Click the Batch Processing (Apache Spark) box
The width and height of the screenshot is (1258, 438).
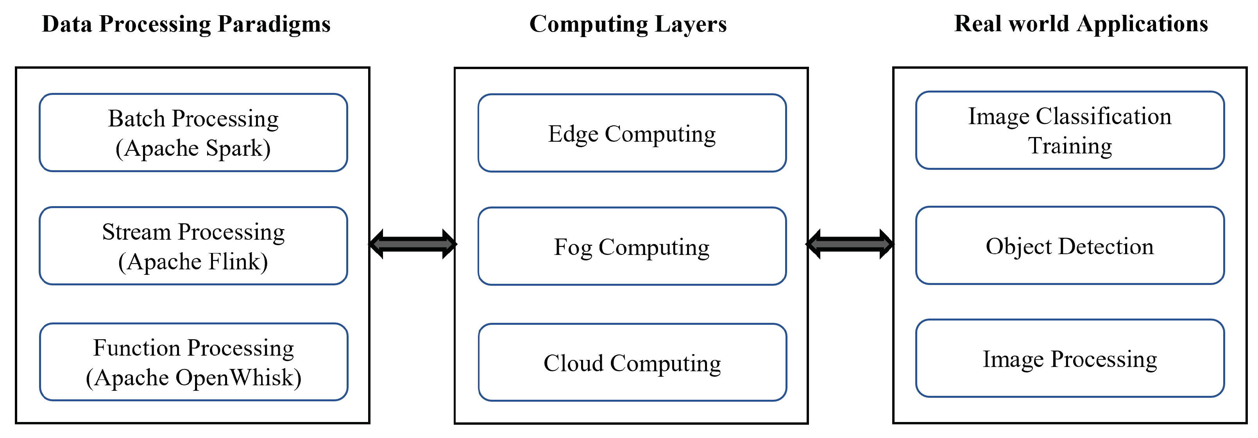tap(193, 132)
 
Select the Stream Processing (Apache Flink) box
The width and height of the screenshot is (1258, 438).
tap(193, 246)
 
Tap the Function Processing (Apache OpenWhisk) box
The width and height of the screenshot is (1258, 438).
tap(193, 362)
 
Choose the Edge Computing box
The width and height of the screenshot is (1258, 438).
tap(632, 133)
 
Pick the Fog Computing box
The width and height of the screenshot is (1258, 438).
tap(632, 246)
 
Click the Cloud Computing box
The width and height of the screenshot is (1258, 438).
tap(632, 362)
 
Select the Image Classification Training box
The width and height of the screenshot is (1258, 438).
tap(1070, 130)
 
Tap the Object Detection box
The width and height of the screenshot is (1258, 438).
tap(1070, 245)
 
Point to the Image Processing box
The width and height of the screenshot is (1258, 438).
tap(1070, 358)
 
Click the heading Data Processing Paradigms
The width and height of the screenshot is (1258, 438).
tap(186, 24)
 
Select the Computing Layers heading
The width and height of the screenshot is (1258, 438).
tap(628, 24)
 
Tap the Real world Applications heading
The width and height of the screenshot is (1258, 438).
tap(1081, 23)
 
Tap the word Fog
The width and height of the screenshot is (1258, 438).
tap(573, 247)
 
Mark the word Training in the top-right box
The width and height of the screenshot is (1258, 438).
tap(1070, 146)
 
